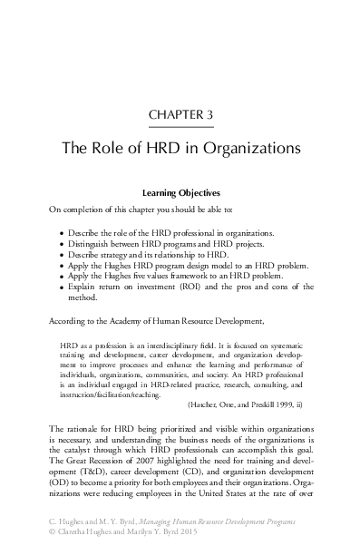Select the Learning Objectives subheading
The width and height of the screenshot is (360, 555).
(x=180, y=192)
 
